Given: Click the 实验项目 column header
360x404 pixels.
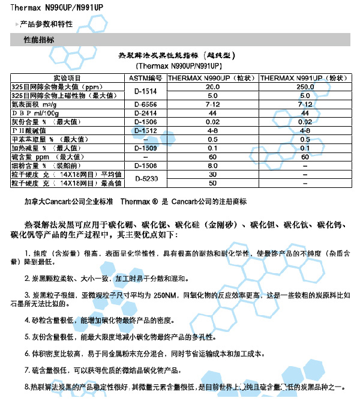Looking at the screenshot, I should tap(66, 79).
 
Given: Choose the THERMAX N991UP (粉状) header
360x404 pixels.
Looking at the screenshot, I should tap(304, 79).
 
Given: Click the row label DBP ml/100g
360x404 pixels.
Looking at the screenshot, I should tap(36, 113).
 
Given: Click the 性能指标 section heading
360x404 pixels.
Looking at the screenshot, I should tap(38, 40).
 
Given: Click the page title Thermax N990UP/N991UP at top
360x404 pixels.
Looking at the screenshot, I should tap(47, 6).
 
